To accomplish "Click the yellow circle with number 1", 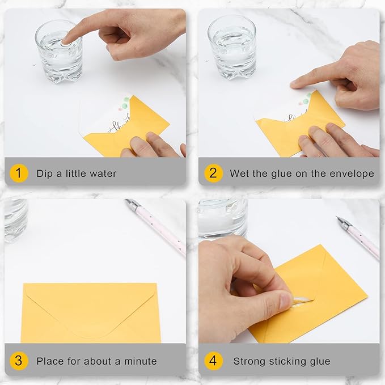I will pos(19,173).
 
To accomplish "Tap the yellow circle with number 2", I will pos(213,173).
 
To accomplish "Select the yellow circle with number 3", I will pos(19,361).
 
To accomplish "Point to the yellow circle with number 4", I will pos(213,361).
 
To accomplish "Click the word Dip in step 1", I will pos(45,174).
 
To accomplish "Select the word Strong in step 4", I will pos(250,361).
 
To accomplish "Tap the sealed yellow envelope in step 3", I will pos(91,312).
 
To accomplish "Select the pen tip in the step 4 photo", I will pos(340,219).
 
